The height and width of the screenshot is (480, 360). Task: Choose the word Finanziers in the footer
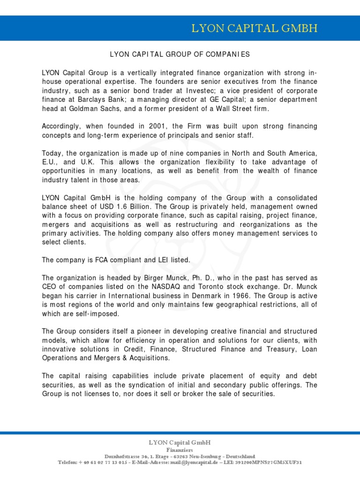(x=180, y=450)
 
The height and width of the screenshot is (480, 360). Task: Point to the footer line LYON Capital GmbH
(x=180, y=442)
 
